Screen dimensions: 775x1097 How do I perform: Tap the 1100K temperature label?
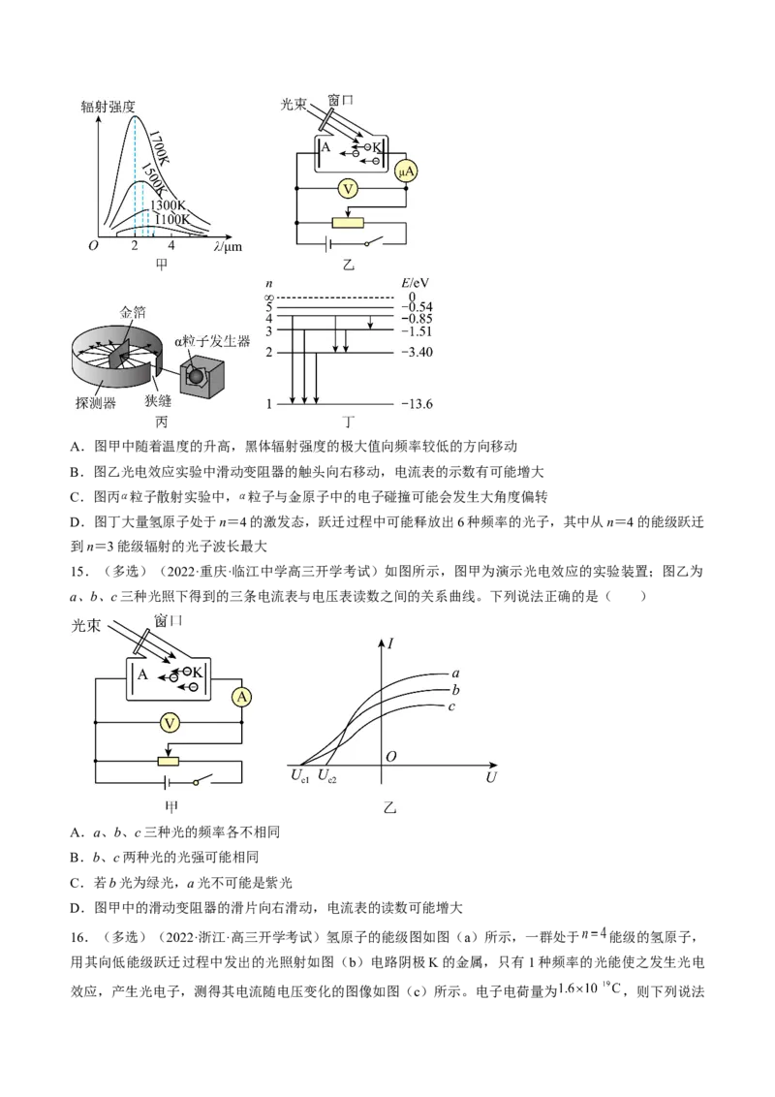(x=171, y=219)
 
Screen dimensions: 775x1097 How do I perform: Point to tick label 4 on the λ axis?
(x=171, y=245)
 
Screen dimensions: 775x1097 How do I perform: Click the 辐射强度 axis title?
(x=108, y=107)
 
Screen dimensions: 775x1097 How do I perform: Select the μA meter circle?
(x=406, y=172)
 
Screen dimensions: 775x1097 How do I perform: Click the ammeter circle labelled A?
(x=242, y=697)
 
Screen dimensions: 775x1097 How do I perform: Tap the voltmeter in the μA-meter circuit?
(x=348, y=188)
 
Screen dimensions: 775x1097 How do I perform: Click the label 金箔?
(x=133, y=313)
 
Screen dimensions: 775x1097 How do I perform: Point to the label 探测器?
(x=96, y=403)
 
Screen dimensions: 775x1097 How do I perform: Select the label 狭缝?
(x=158, y=400)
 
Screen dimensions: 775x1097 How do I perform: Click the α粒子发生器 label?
(x=212, y=341)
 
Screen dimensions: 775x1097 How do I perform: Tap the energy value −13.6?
(x=418, y=404)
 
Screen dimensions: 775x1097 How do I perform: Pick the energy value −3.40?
(x=417, y=352)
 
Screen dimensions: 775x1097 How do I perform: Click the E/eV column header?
(x=416, y=283)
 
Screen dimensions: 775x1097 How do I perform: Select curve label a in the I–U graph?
(x=456, y=674)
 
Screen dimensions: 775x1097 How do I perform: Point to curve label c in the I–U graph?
(x=451, y=706)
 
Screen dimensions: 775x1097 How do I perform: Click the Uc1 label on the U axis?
(x=299, y=776)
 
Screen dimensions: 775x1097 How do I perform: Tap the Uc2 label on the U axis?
(x=326, y=776)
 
